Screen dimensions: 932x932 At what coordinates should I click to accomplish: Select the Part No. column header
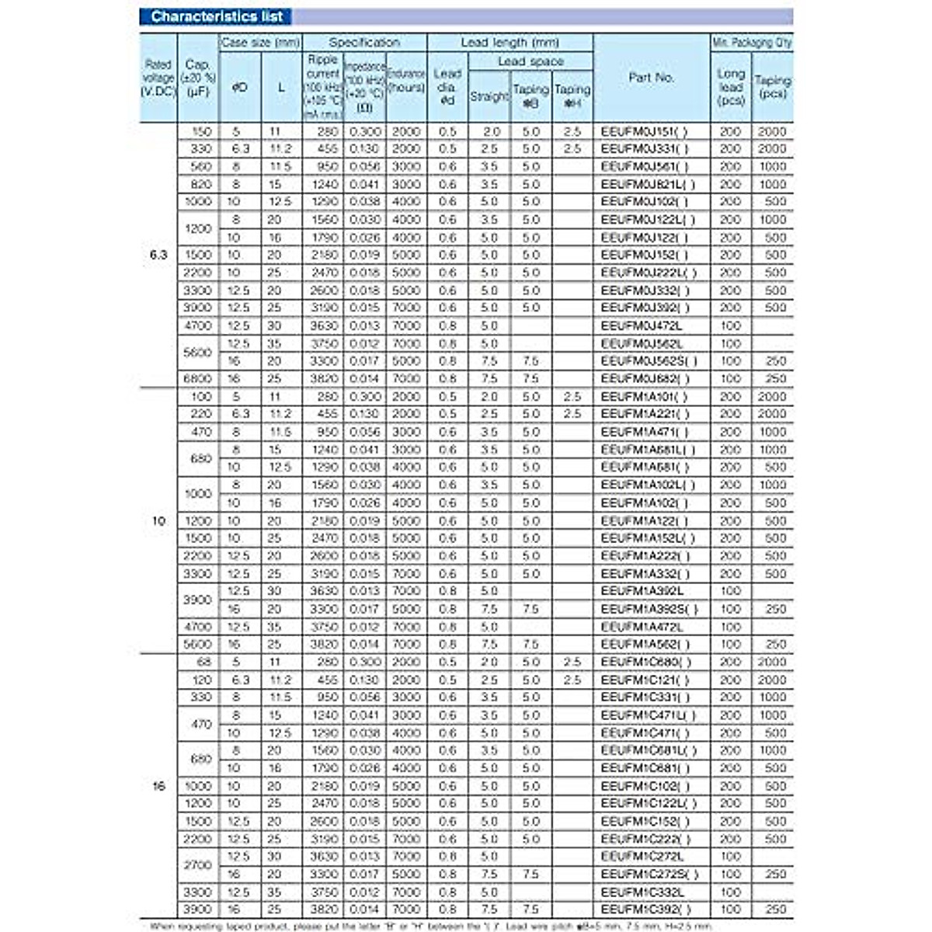tap(651, 78)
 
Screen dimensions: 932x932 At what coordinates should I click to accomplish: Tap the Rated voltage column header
tap(158, 78)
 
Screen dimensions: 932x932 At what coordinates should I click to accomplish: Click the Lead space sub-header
tap(530, 61)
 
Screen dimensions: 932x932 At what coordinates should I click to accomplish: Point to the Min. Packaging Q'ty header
tap(751, 43)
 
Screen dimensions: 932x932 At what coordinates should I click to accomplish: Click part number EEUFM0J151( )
tap(644, 131)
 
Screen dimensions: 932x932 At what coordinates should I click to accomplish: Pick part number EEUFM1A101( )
tap(644, 396)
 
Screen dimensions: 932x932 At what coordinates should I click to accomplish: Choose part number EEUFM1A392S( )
tap(649, 609)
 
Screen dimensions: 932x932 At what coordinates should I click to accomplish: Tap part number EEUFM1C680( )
tap(645, 662)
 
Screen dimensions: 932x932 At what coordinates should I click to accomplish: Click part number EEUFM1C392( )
tap(645, 909)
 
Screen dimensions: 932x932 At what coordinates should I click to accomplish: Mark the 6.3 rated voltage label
tap(158, 254)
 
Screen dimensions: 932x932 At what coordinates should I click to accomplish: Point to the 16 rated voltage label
tap(158, 785)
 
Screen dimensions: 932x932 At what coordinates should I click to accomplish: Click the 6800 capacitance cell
tap(197, 378)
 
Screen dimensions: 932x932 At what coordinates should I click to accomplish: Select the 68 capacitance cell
tap(203, 662)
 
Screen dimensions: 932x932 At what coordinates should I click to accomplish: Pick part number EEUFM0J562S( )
tap(649, 360)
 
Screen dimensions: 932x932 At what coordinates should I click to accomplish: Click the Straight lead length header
tap(489, 96)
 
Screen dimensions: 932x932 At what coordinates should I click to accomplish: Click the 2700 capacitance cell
tap(197, 864)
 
